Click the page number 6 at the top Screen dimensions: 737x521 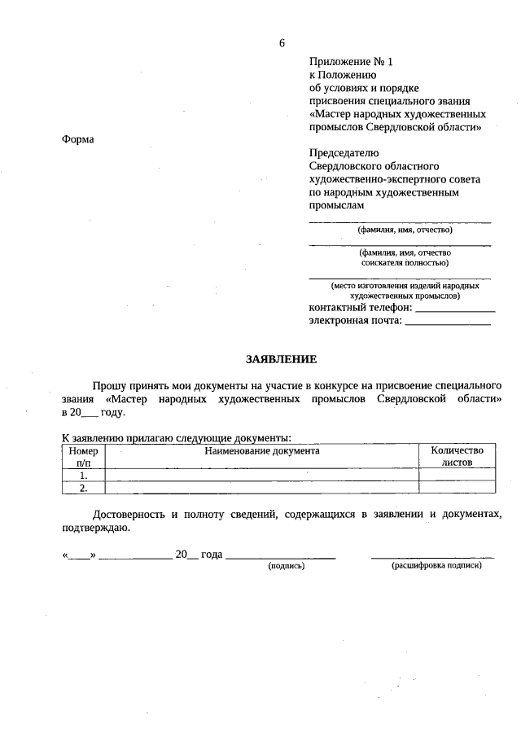coord(282,43)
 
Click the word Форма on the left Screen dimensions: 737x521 coord(78,139)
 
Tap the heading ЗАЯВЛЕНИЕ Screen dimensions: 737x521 coord(282,359)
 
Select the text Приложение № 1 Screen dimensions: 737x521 coord(351,62)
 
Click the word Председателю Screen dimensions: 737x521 coord(344,152)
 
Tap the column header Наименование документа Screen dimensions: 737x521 coord(262,450)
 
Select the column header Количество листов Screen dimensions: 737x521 coord(457,456)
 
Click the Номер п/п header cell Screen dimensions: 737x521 coord(83,456)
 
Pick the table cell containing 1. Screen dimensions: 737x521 coord(83,475)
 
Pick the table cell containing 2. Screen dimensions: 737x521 coord(83,488)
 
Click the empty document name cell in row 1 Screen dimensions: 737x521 coord(262,475)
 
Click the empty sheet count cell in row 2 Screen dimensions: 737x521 coord(457,488)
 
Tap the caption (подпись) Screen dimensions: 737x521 coord(286,565)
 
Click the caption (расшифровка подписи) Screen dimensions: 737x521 coord(436,565)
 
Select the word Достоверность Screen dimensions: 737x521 coord(128,515)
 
